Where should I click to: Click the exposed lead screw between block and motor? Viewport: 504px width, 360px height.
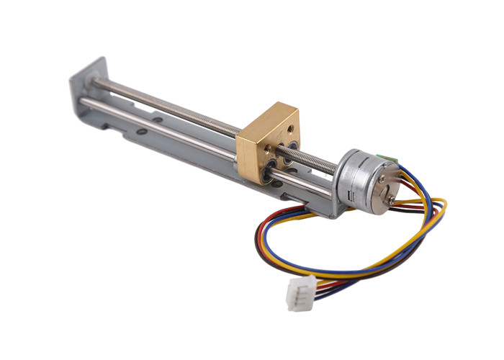[317, 161]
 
